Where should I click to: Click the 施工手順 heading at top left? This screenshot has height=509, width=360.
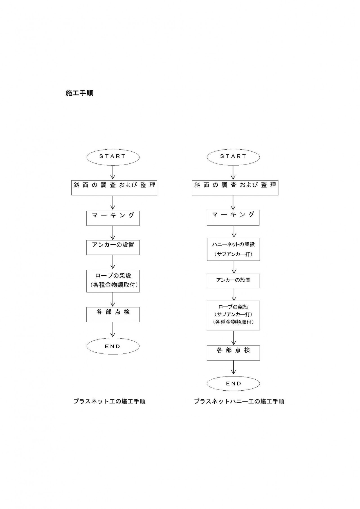tap(79, 93)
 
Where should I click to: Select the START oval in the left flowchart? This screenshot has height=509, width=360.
tap(113, 157)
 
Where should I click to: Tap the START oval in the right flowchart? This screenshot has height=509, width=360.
tap(233, 157)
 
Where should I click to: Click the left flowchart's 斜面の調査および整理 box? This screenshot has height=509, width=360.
tap(114, 188)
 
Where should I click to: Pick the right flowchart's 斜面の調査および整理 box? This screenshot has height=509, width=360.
tap(235, 188)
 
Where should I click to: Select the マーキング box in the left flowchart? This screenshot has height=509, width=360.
tap(113, 218)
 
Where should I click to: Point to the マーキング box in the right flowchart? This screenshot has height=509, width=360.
tap(233, 217)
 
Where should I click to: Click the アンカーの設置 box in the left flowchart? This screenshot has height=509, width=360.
tap(113, 247)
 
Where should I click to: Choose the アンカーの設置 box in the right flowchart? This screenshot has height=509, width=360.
tap(233, 281)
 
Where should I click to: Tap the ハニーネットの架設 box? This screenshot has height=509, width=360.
tap(233, 249)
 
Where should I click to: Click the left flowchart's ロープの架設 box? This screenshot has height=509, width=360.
tap(113, 281)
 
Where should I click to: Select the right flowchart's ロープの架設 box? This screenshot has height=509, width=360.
tap(233, 315)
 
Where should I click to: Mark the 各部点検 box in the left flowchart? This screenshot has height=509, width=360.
tap(113, 314)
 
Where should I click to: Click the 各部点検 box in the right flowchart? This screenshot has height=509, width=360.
tap(233, 353)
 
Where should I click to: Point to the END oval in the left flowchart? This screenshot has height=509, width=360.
tap(113, 346)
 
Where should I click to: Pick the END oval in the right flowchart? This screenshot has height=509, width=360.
tap(233, 384)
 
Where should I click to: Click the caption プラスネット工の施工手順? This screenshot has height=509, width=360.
tap(109, 401)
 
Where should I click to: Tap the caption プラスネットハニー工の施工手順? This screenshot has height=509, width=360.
tap(239, 401)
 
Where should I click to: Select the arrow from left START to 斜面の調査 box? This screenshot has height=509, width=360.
tap(113, 172)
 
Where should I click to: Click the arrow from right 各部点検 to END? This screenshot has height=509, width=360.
tap(233, 368)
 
